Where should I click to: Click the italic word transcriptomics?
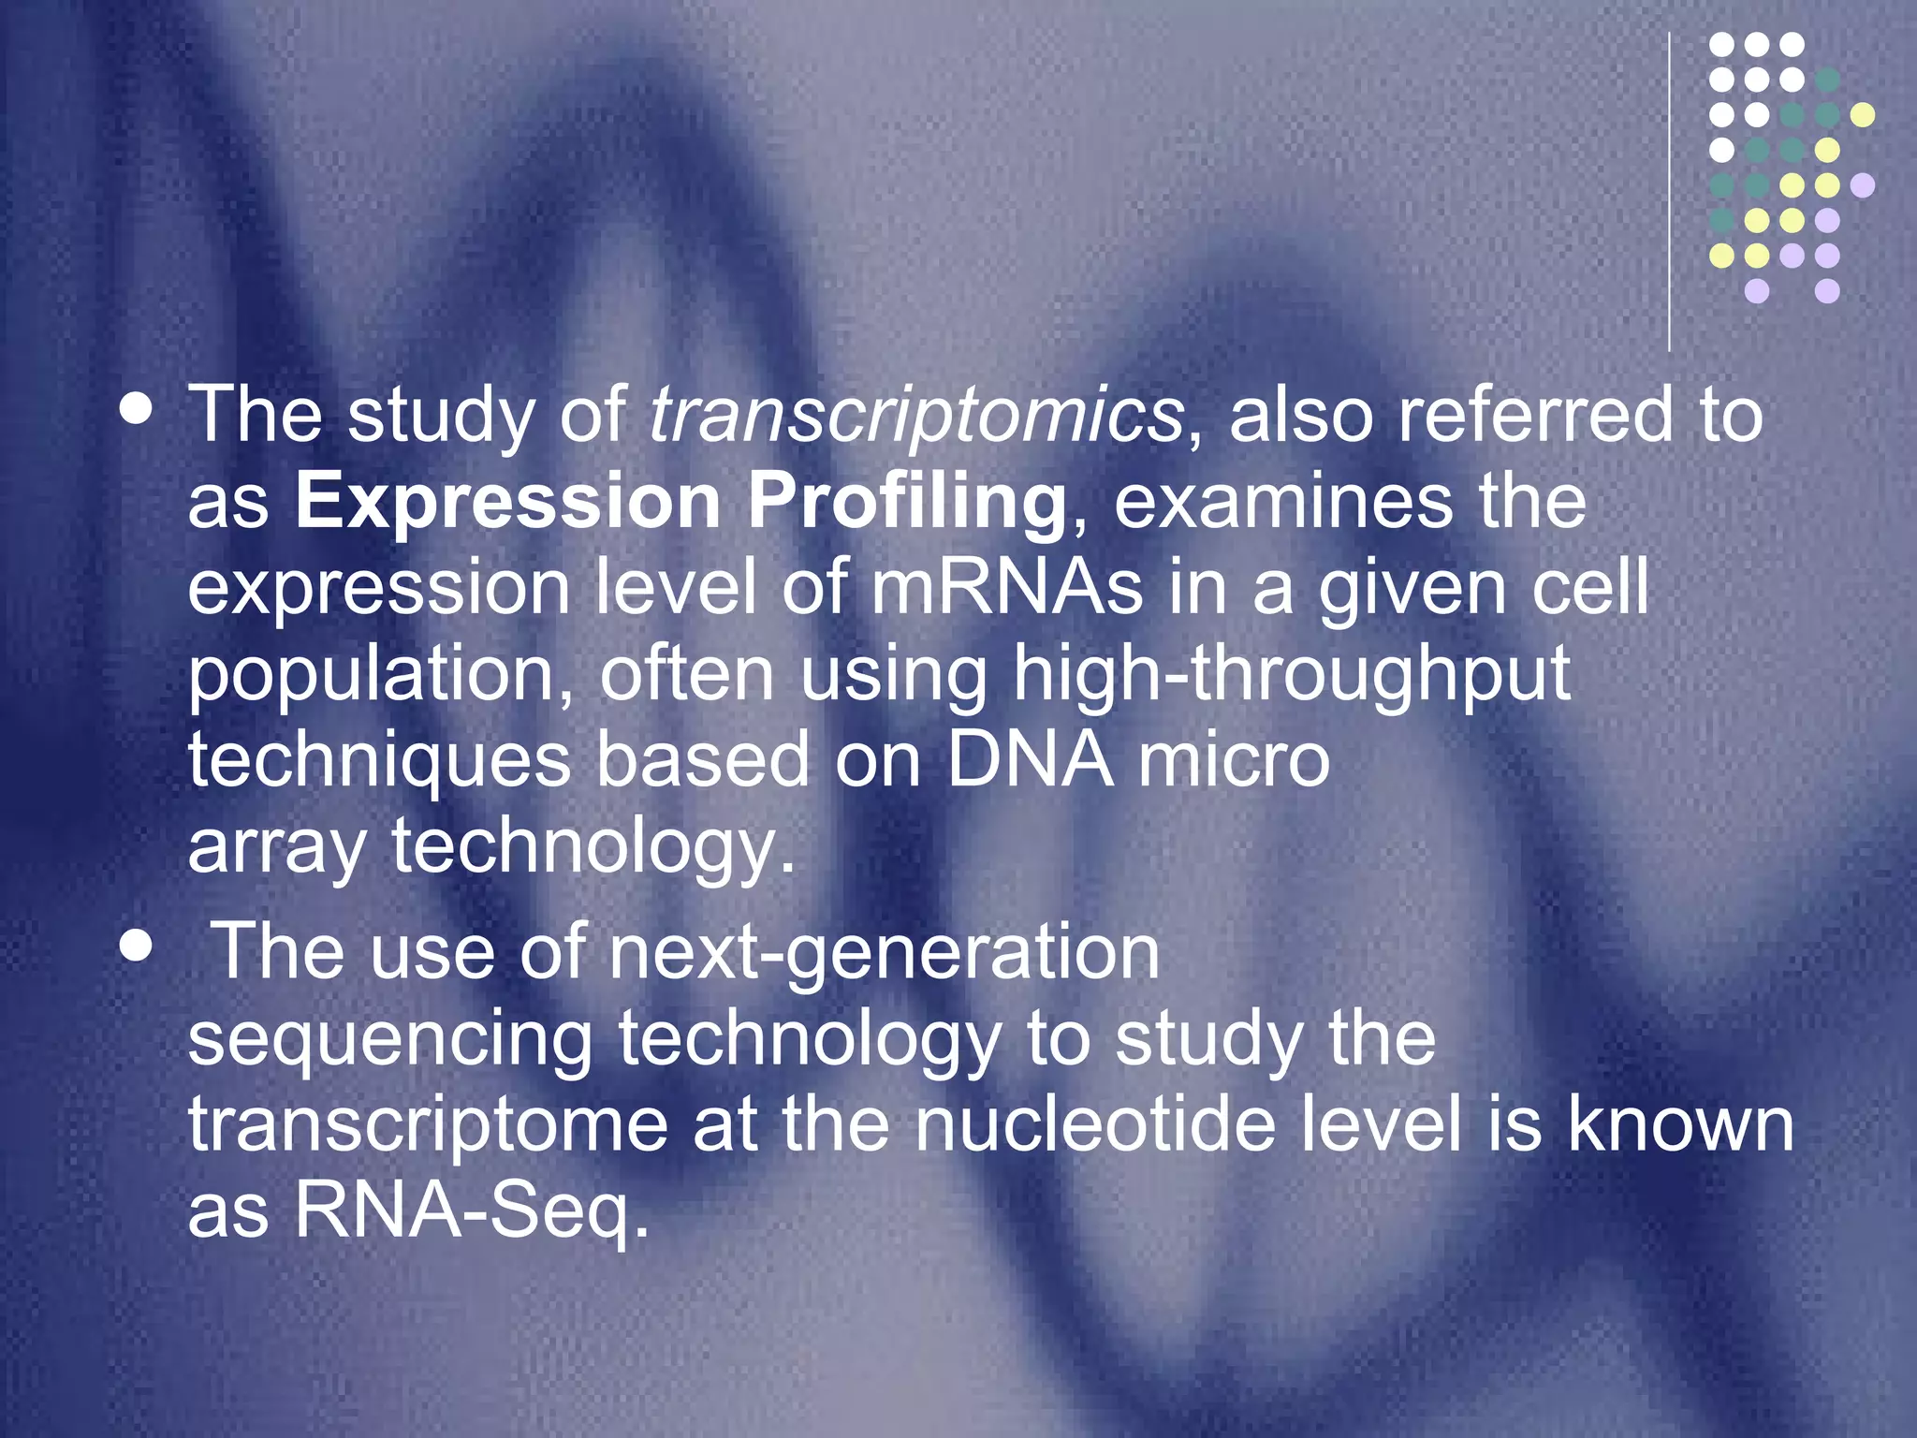917,415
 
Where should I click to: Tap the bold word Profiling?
906,503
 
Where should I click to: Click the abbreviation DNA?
1030,760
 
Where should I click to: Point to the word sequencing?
389,1039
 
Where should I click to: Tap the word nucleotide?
1095,1124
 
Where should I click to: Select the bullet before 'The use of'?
137,946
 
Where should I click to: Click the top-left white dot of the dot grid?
1721,44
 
